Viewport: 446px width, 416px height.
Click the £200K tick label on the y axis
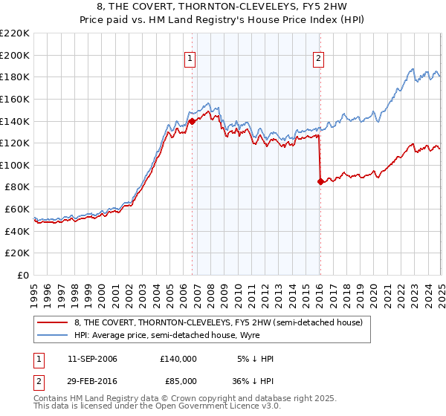tap(15, 55)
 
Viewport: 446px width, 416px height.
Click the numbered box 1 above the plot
tap(190, 59)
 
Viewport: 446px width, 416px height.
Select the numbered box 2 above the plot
tap(318, 59)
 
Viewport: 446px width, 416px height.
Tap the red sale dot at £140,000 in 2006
tap(193, 120)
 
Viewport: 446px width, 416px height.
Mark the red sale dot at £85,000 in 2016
tap(320, 181)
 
